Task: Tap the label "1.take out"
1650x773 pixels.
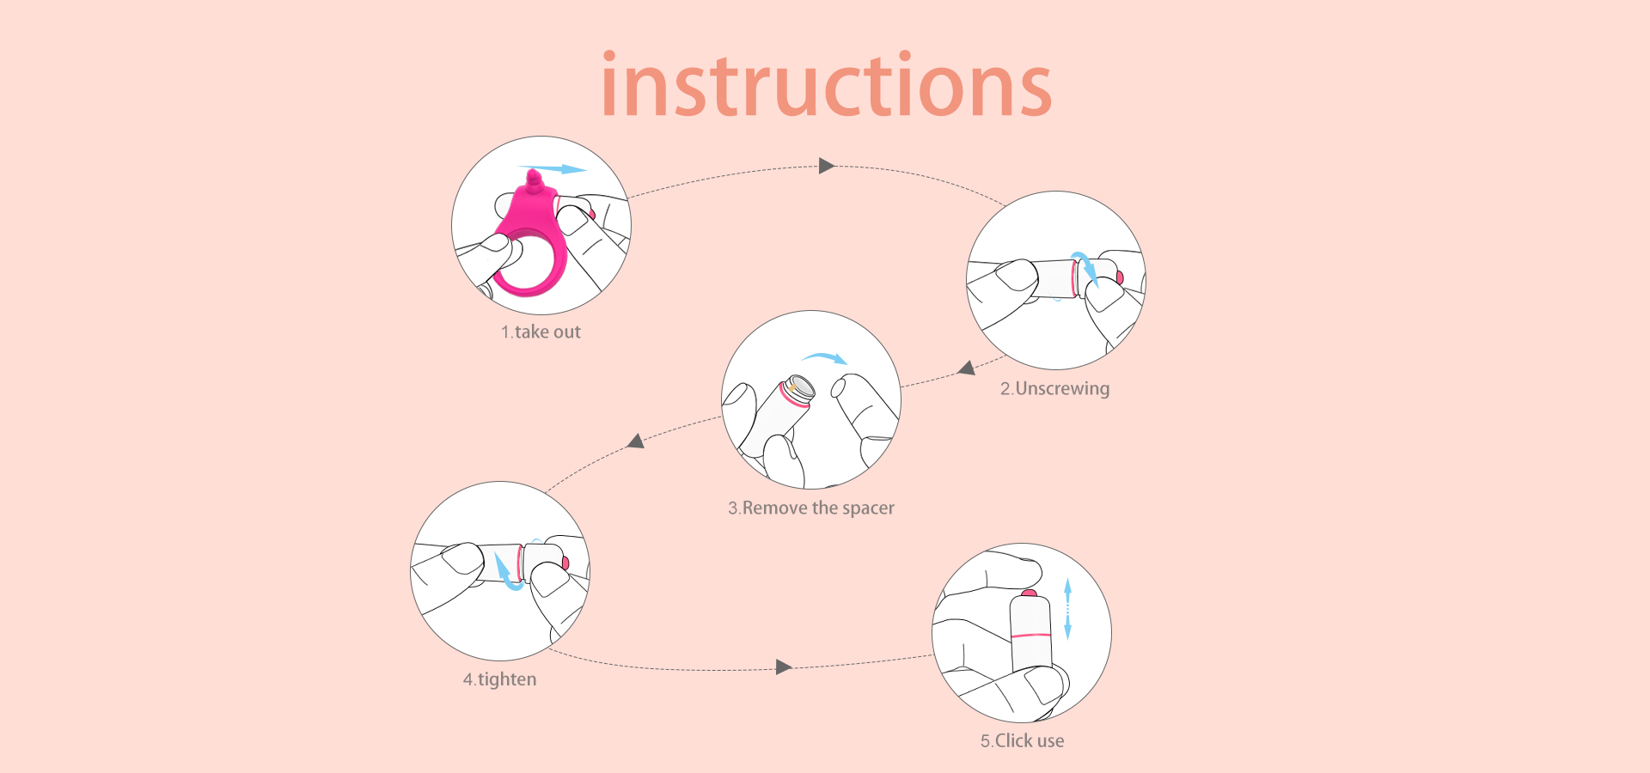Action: point(541,332)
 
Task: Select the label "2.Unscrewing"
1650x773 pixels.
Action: point(1054,388)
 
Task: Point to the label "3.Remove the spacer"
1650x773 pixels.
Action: point(811,508)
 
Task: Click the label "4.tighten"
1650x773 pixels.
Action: point(499,679)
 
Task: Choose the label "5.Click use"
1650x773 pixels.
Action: point(1022,740)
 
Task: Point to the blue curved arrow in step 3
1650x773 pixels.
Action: point(825,357)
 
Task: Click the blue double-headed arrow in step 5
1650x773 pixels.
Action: point(1067,609)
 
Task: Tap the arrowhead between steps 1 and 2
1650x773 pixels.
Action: point(827,166)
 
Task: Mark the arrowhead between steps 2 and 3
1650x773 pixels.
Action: point(967,368)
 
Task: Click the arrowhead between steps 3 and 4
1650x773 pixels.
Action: point(636,441)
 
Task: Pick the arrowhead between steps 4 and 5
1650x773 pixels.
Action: point(783,667)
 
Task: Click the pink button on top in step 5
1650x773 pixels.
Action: point(1029,593)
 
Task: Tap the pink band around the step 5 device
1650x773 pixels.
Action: point(1030,636)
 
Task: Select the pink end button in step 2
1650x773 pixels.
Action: point(1120,277)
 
